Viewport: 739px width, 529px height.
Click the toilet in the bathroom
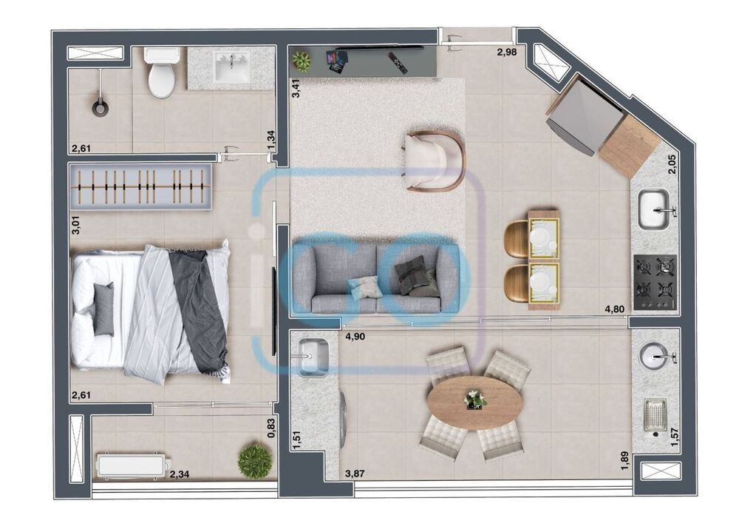point(162,74)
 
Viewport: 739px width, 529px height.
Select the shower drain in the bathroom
point(100,108)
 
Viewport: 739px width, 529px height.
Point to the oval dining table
point(474,402)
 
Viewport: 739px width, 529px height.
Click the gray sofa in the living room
point(375,279)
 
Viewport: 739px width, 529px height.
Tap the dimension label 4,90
point(358,337)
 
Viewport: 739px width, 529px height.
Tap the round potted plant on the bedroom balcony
point(255,462)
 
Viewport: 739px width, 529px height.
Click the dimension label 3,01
point(75,226)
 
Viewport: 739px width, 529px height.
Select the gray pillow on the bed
point(103,309)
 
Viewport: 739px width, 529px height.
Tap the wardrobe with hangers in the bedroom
point(140,186)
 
